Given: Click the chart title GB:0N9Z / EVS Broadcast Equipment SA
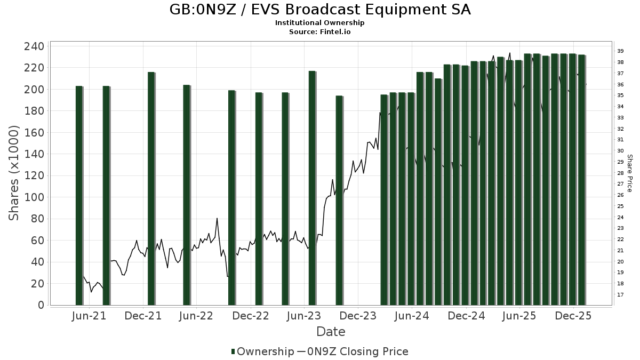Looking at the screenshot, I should pyautogui.click(x=320, y=10).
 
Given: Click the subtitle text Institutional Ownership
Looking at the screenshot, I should pyautogui.click(x=320, y=23).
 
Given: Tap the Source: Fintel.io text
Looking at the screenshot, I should pyautogui.click(x=320, y=32).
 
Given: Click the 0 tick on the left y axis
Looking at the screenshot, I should pyautogui.click(x=41, y=305).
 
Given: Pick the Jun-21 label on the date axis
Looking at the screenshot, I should pyautogui.click(x=89, y=316).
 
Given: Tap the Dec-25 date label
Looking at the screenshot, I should pyautogui.click(x=573, y=316).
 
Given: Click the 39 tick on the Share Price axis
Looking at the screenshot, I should pyautogui.click(x=620, y=51).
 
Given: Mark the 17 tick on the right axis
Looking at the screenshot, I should pyautogui.click(x=620, y=295).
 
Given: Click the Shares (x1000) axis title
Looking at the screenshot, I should pyautogui.click(x=14, y=173).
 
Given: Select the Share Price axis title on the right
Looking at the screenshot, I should pyautogui.click(x=629, y=173).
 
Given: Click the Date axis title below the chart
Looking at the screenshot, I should pyautogui.click(x=331, y=332).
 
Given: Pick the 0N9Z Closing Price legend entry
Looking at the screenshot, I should pyautogui.click(x=352, y=351).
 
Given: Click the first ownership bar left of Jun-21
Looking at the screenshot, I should pyautogui.click(x=79, y=195).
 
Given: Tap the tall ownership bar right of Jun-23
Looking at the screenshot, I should pyautogui.click(x=312, y=188).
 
